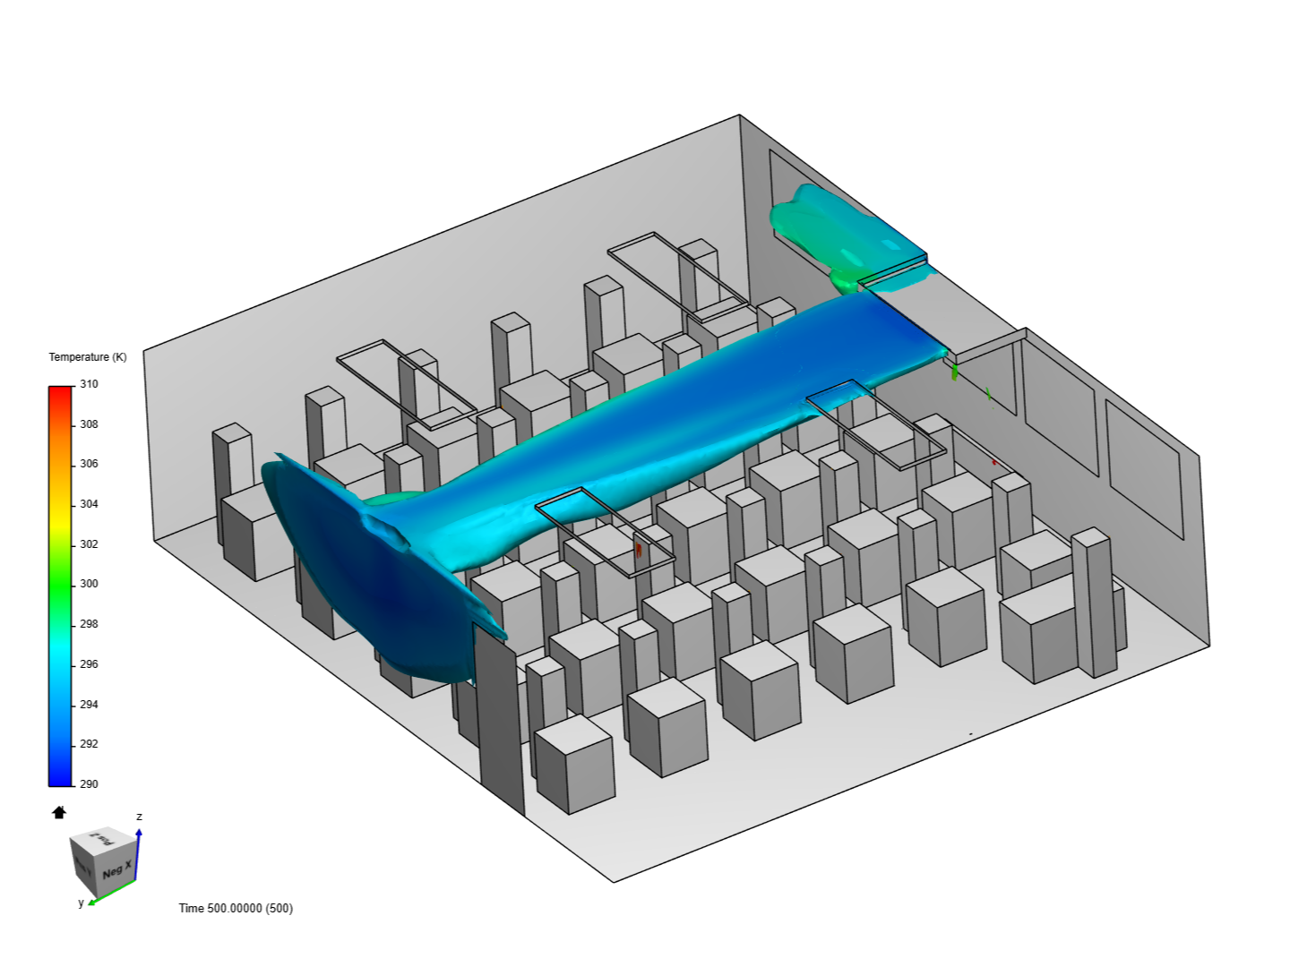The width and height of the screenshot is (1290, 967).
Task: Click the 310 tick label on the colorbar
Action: (89, 384)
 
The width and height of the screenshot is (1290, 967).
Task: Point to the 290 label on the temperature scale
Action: (89, 784)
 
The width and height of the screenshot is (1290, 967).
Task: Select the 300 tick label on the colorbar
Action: (89, 584)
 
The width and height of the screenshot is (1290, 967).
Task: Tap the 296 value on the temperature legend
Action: (89, 664)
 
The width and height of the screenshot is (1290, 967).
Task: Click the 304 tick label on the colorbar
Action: (89, 504)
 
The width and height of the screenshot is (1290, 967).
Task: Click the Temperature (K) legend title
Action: (88, 357)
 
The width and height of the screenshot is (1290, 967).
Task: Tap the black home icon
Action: (59, 812)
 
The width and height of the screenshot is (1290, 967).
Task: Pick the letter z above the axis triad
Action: (139, 817)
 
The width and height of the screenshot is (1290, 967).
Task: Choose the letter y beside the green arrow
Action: (81, 903)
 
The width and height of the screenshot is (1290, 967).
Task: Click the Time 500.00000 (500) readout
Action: (236, 908)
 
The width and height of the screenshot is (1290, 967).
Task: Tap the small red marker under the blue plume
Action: (639, 550)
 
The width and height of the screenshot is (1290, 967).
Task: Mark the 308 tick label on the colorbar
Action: (89, 424)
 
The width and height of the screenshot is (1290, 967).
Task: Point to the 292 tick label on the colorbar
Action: (89, 744)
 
